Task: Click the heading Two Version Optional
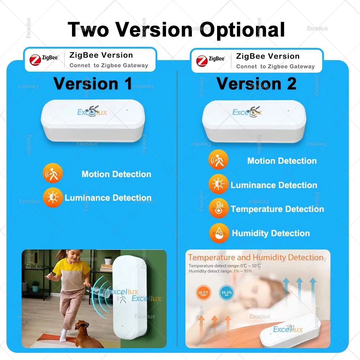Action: [176, 30]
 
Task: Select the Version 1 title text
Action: [93, 84]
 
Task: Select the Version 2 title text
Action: [256, 84]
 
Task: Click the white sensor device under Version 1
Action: [93, 120]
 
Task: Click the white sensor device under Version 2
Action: [254, 121]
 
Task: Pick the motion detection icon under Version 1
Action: [53, 174]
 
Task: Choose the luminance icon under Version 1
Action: [53, 197]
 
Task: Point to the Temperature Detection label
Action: [277, 209]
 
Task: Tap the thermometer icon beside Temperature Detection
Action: [219, 208]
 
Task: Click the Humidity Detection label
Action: [271, 233]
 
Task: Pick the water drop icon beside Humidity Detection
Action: [219, 233]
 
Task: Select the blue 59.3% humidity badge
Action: [226, 293]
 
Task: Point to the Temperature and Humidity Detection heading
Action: [256, 258]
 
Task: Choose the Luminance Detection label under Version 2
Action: [274, 185]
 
